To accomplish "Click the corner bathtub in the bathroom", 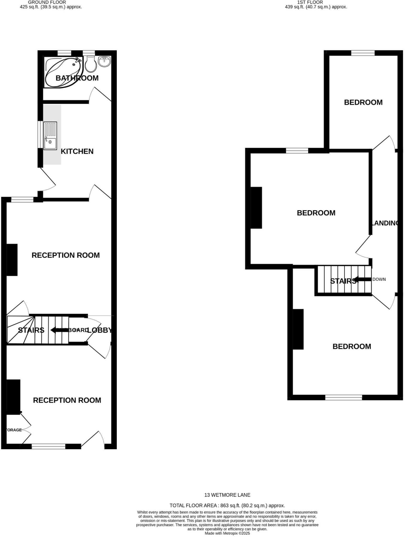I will [x=63, y=72].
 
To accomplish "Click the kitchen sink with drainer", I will [x=50, y=136].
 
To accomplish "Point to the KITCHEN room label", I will [x=77, y=151].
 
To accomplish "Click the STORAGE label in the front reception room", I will [x=14, y=430].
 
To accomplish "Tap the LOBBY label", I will [x=100, y=330].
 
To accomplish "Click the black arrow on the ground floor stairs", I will [x=59, y=330].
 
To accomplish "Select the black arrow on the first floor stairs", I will [x=363, y=280].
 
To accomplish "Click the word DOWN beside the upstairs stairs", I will [x=379, y=279].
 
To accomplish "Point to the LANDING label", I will [x=385, y=223].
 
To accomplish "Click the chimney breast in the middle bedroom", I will [x=256, y=207].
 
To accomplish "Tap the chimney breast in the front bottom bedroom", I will [x=298, y=329].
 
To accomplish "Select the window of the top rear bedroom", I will [x=363, y=53].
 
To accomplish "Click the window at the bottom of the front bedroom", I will [x=343, y=398].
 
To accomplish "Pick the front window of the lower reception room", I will [x=48, y=446].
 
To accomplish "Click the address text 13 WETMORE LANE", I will [x=227, y=495].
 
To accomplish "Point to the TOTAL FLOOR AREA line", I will [x=227, y=506].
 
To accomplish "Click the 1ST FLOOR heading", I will [x=310, y=2].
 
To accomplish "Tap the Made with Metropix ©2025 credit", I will [x=227, y=533].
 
